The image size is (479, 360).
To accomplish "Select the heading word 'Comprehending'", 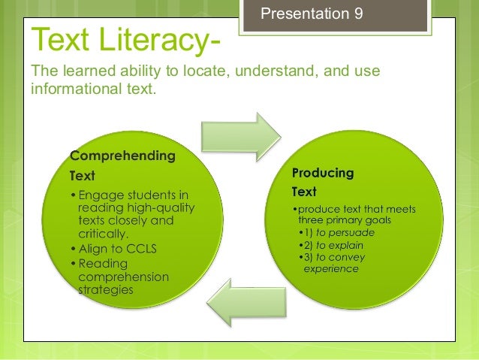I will click(123, 157).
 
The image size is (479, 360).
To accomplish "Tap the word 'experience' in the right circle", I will click(331, 268).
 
